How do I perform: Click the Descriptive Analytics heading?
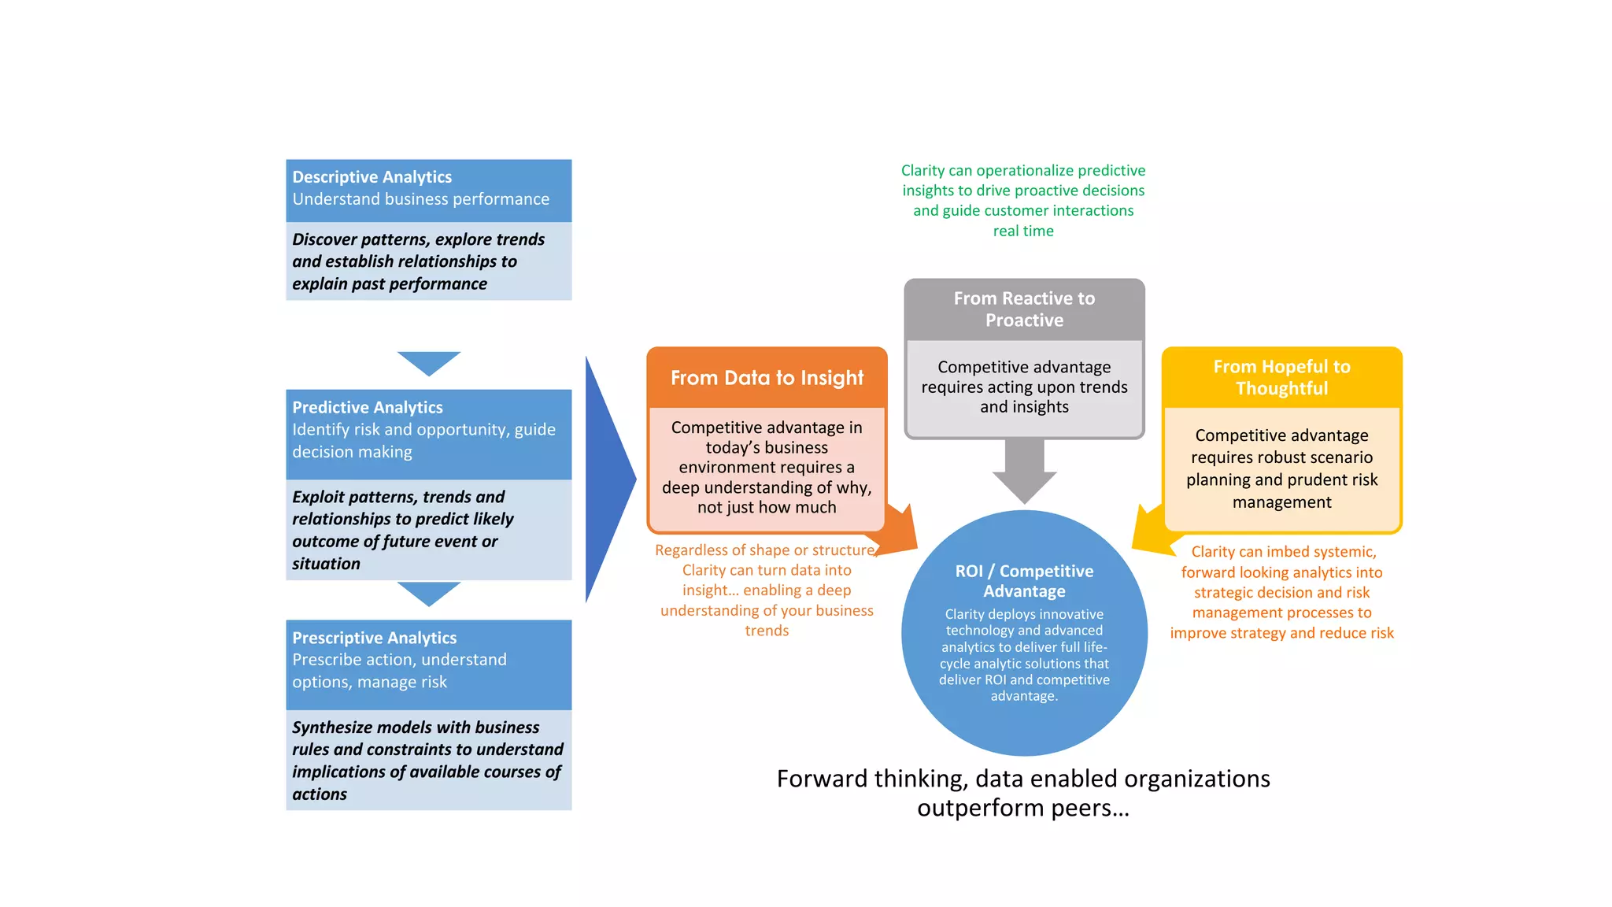click(372, 177)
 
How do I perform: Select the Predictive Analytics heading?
click(367, 408)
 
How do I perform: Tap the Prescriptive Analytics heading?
click(374, 638)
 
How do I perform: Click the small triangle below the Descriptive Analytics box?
click(429, 361)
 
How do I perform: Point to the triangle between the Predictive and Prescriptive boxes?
click(429, 592)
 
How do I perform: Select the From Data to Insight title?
click(767, 378)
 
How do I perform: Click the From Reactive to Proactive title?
click(1024, 309)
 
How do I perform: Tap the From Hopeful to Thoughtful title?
click(1281, 377)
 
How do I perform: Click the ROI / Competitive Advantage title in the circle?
click(1024, 581)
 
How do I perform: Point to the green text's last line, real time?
click(1023, 231)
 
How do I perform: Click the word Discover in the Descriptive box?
click(324, 239)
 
